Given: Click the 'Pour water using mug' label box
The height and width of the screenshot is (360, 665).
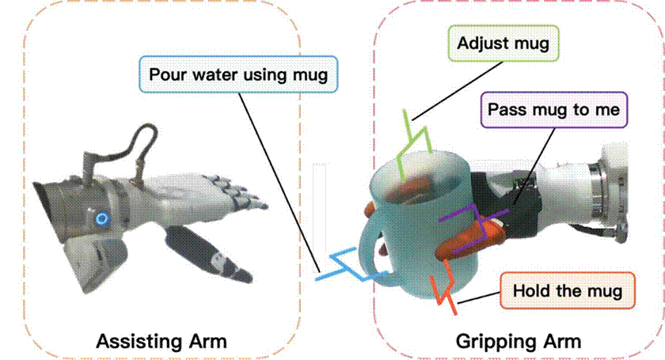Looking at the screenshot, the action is (x=238, y=74).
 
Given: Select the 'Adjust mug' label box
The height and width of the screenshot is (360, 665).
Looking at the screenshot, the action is (x=503, y=44).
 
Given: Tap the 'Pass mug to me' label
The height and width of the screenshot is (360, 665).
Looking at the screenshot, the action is (x=554, y=109).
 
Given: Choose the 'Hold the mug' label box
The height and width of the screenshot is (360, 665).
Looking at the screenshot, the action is (x=568, y=291).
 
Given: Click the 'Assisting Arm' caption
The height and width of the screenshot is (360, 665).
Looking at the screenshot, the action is (x=161, y=341).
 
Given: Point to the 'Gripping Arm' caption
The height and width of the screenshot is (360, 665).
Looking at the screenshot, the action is (x=519, y=341).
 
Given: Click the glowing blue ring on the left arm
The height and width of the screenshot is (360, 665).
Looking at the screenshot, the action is (x=102, y=219).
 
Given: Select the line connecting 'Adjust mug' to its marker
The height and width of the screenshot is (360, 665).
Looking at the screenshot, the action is (x=458, y=91).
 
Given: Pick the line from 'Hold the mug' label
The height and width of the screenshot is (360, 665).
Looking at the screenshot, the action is (x=479, y=297).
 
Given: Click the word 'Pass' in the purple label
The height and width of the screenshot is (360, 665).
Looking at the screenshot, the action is (x=505, y=110).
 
